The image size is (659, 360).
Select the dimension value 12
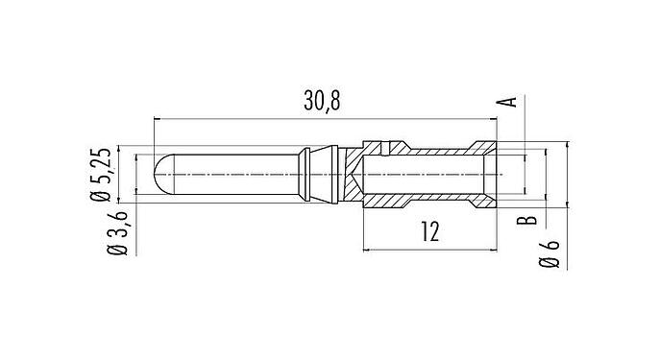(x=429, y=231)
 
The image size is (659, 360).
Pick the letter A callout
(x=512, y=102)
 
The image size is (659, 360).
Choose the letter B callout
(x=525, y=223)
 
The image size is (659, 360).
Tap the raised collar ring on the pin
(x=305, y=175)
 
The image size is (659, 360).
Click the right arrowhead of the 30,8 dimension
(x=493, y=119)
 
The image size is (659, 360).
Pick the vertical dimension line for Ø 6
(x=568, y=175)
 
